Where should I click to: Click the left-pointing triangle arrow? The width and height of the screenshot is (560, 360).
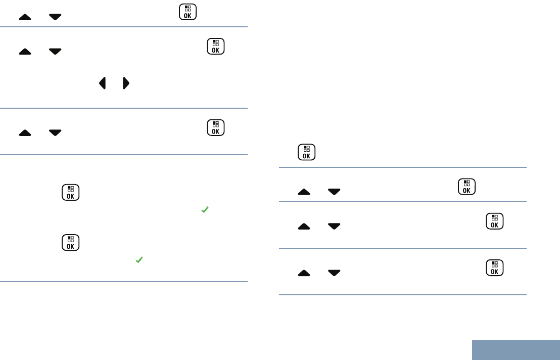pos(103,83)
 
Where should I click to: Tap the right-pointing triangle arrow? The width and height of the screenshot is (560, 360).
pos(126,83)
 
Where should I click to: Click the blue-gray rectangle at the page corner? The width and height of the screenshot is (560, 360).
pos(516,349)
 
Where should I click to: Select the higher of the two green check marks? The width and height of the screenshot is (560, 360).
pos(205,209)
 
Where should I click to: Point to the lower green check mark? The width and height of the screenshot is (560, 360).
pos(139,260)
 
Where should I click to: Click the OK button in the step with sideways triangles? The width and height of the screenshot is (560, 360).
pos(216,47)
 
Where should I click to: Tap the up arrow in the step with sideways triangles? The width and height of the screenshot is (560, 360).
pos(25,51)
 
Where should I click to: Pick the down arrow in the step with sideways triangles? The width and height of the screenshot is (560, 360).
pos(55,51)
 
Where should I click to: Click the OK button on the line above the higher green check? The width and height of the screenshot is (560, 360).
pos(70,193)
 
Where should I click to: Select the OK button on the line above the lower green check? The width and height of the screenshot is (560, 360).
pos(70,243)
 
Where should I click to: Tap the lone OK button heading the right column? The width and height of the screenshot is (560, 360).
pos(306,152)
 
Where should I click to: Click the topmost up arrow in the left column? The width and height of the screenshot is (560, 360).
pos(25,17)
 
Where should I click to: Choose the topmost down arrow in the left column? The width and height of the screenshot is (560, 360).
pos(55,17)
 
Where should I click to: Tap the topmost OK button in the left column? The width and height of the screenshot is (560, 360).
pos(188,12)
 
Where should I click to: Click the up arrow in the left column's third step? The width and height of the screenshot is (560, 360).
pos(25,132)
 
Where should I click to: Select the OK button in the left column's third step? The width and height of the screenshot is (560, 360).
pos(216,127)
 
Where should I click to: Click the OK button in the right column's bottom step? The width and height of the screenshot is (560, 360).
pos(495,268)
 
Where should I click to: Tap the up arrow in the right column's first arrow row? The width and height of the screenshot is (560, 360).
pos(304,192)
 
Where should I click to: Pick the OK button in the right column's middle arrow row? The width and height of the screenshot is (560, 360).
pos(495,221)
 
